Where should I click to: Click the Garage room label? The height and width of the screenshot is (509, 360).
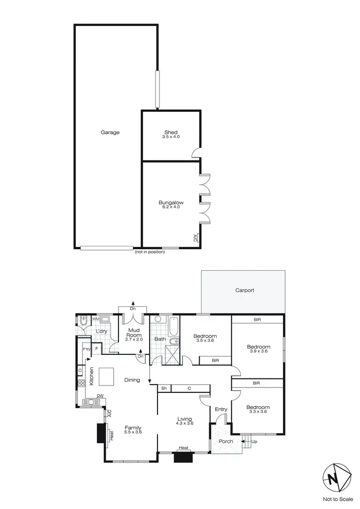click(110, 133)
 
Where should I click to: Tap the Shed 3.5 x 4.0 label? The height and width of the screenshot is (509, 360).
click(171, 134)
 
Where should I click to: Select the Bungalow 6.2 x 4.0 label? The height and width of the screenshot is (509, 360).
click(171, 205)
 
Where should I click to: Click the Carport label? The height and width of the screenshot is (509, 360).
click(244, 291)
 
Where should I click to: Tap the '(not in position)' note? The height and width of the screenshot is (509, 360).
click(149, 252)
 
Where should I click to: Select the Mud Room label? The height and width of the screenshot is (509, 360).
click(133, 333)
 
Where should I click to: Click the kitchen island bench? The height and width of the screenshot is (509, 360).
click(107, 376)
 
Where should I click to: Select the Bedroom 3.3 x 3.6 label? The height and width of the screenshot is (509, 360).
click(258, 409)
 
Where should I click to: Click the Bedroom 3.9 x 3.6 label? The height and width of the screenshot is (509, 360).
click(258, 349)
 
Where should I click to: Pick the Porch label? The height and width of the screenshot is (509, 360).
click(226, 441)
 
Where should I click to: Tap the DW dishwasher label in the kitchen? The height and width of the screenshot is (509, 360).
click(100, 396)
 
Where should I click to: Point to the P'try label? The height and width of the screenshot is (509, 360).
click(87, 350)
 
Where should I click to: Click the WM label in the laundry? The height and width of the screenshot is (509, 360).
click(96, 318)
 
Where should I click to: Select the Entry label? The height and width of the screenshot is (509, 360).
click(221, 409)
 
